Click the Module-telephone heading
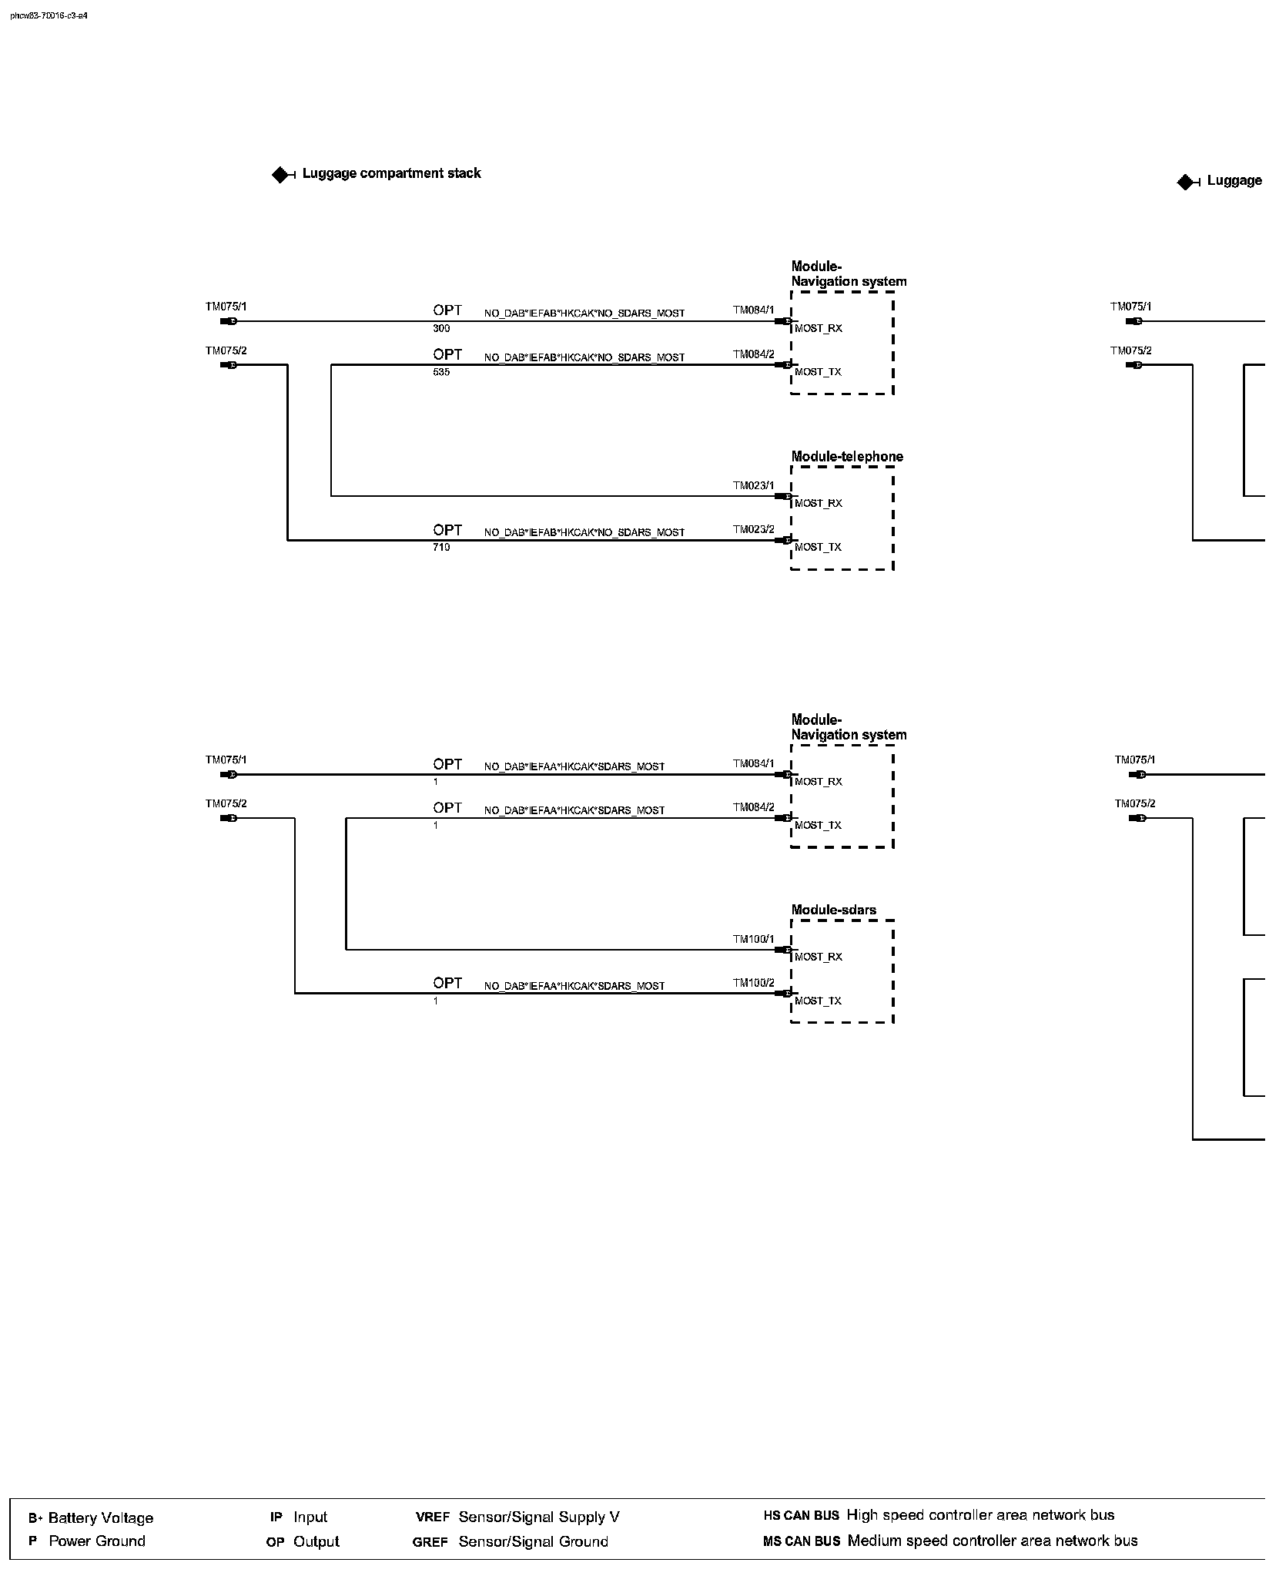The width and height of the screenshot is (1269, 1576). [847, 457]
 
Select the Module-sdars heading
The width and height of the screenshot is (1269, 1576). [833, 910]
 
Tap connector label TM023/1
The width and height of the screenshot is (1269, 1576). [753, 485]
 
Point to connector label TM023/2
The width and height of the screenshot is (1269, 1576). [753, 529]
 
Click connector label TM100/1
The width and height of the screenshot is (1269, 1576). [753, 939]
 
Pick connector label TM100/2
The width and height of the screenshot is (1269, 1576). [753, 983]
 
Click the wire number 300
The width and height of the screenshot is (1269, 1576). [441, 329]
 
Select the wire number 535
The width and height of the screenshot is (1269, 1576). [441, 373]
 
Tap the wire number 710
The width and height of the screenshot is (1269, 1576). [441, 548]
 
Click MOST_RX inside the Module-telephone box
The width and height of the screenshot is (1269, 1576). [819, 504]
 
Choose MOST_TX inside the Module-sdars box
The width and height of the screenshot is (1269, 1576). [819, 1001]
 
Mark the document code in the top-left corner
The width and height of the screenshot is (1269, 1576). [49, 15]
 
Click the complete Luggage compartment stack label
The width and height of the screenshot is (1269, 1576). [391, 173]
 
